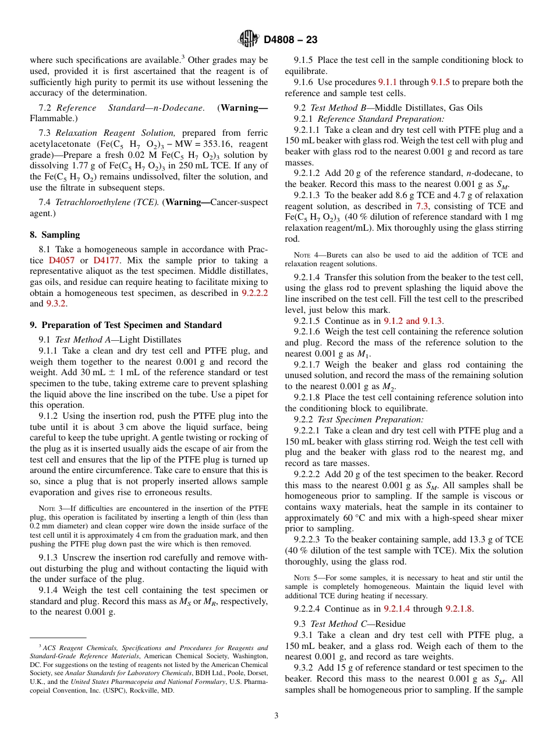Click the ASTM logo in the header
click(249, 40)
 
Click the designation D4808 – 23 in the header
click(290, 40)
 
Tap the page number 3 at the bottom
click(276, 715)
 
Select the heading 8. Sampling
click(55, 235)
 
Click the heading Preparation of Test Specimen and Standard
click(132, 325)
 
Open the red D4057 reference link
click(61, 260)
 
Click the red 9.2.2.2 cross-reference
click(254, 293)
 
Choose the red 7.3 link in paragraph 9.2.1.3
click(421, 206)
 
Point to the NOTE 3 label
click(49, 509)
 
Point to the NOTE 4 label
click(304, 255)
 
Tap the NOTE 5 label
click(304, 578)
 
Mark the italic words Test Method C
click(334, 624)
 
